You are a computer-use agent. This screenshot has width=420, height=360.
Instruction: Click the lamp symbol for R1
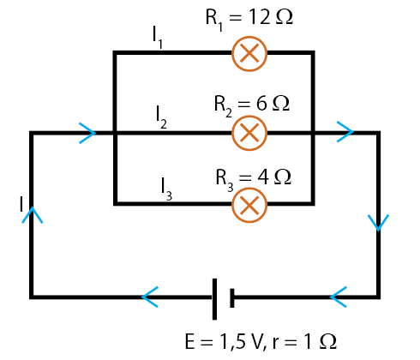[x=249, y=54]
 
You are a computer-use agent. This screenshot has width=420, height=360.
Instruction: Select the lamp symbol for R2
[x=249, y=133]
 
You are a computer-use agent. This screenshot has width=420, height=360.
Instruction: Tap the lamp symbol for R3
[x=249, y=205]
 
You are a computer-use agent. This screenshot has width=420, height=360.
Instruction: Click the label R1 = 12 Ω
[x=249, y=19]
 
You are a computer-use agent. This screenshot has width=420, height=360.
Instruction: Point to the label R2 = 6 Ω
[x=252, y=105]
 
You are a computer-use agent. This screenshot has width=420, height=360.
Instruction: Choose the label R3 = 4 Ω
[x=253, y=179]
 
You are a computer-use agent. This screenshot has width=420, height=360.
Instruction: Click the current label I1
[x=158, y=37]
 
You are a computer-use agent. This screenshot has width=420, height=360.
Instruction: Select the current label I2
[x=161, y=117]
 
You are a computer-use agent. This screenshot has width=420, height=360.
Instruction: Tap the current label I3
[x=166, y=189]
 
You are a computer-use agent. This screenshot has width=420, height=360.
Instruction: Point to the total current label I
[x=21, y=204]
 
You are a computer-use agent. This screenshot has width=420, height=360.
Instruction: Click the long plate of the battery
[x=214, y=299]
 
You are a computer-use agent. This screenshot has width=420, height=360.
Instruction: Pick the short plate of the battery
[x=232, y=298]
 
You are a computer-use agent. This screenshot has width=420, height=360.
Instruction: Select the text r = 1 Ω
[x=304, y=342]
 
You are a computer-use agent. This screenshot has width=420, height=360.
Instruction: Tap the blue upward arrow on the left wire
[x=33, y=215]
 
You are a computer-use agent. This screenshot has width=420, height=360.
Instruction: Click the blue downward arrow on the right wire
[x=378, y=223]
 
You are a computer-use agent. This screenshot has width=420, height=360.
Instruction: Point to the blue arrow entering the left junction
[x=87, y=133]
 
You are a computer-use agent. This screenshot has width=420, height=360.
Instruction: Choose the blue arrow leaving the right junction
[x=345, y=132]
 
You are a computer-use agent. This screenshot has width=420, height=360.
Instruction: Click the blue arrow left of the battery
[x=150, y=297]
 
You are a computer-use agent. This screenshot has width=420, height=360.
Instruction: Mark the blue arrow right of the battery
[x=339, y=297]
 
